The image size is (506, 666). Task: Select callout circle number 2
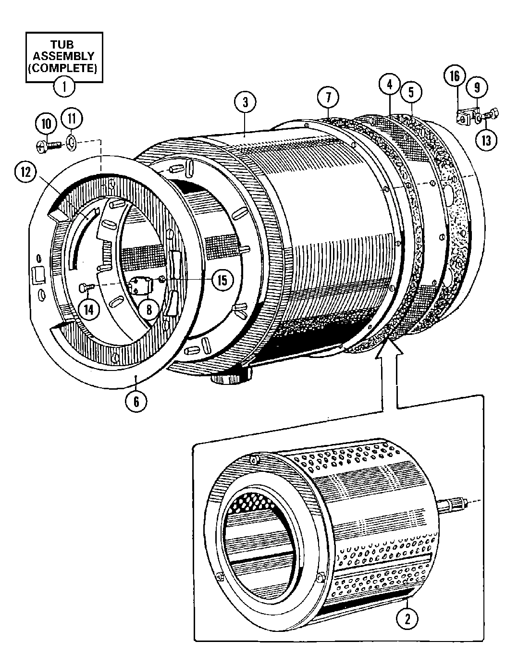click(407, 618)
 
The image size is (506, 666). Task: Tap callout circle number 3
click(245, 103)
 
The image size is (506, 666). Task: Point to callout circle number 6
click(136, 400)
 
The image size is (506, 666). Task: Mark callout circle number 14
click(88, 309)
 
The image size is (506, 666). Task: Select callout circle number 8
click(148, 309)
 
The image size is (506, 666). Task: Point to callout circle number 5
click(411, 92)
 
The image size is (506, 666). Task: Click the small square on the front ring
click(37, 275)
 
